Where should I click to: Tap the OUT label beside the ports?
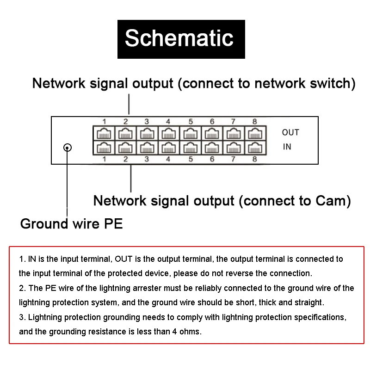pos(290,133)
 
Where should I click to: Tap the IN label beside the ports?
pos(287,147)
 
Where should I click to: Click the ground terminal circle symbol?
pos(68,148)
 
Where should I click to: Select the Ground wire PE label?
pos(72,224)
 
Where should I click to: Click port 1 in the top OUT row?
pos(103,134)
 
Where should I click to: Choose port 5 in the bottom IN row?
pos(190,148)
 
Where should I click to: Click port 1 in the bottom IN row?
pos(103,148)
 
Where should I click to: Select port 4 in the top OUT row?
pos(168,134)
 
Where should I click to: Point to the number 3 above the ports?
pos(147,122)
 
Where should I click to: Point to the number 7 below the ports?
pos(233,159)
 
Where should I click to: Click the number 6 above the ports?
pos(212,122)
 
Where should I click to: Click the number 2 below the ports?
pos(125,159)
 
